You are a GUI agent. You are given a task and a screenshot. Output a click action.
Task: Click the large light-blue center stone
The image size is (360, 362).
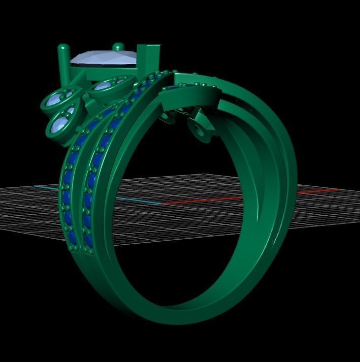[x=104, y=59]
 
